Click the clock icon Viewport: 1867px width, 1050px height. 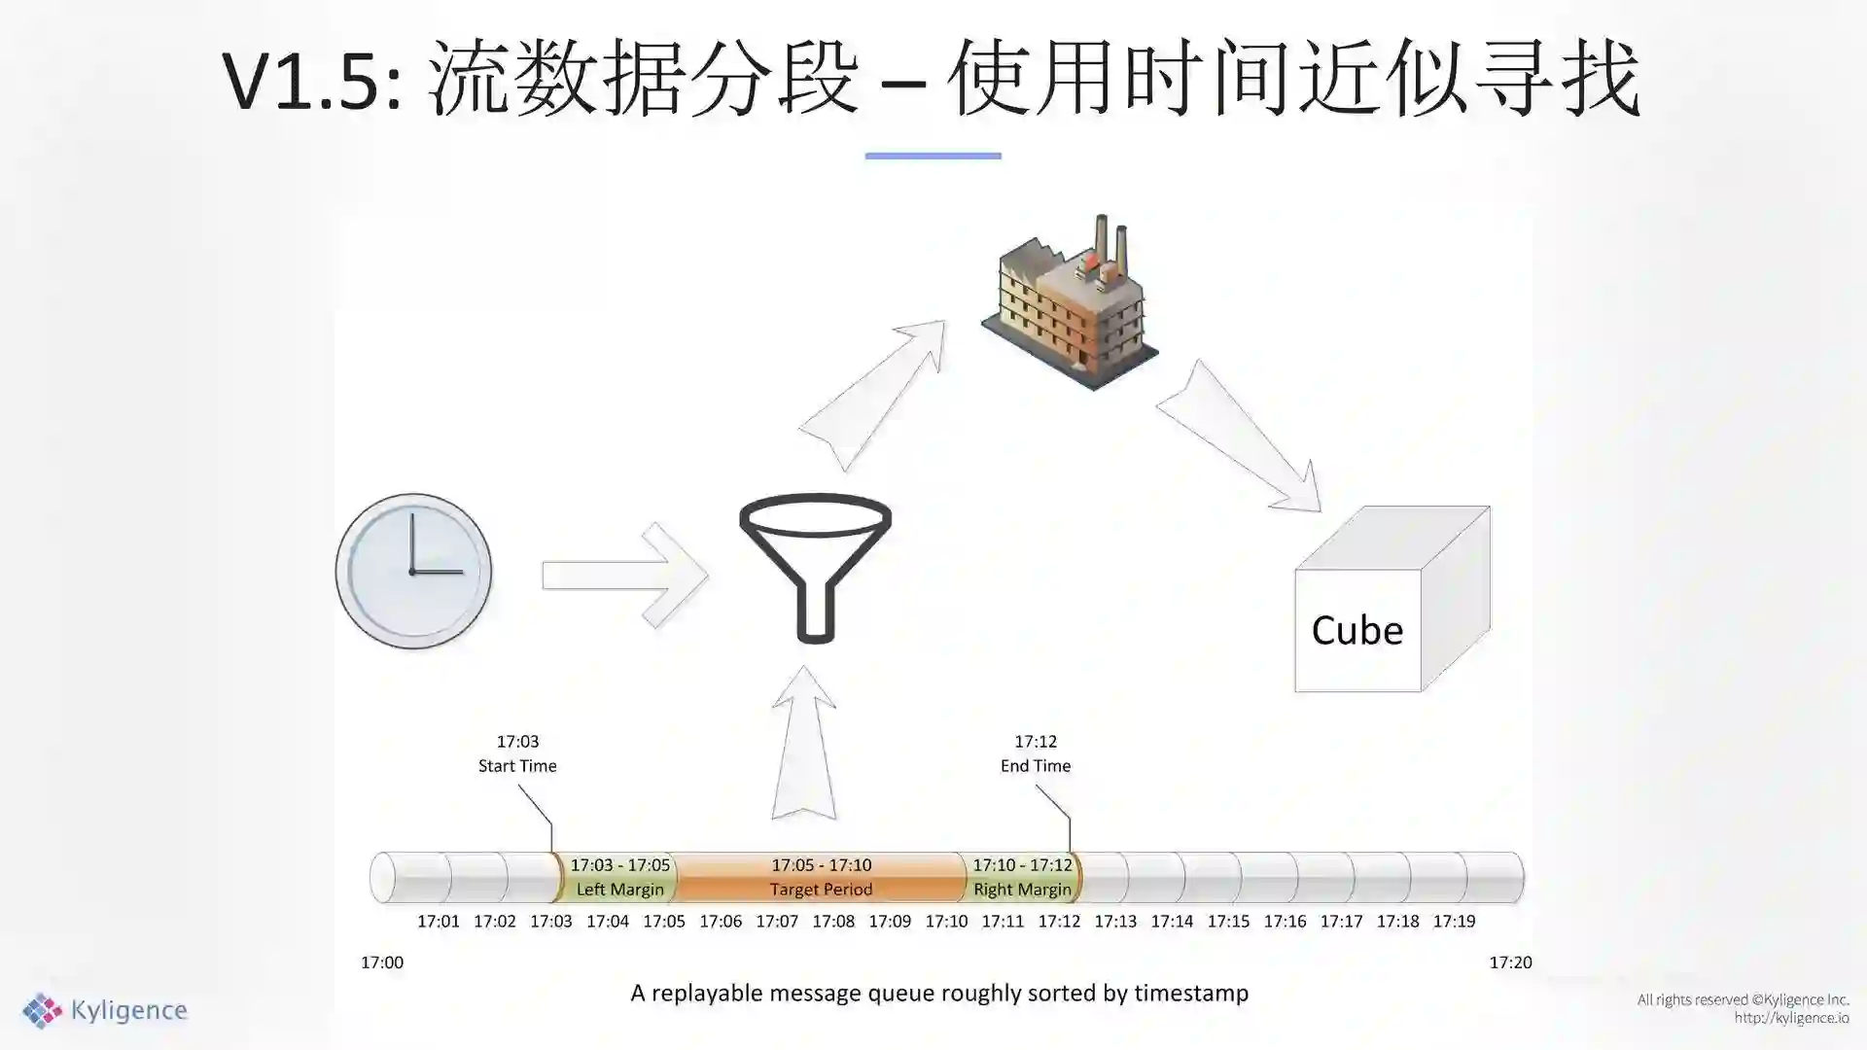pos(413,571)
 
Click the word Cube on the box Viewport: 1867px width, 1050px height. pos(1356,631)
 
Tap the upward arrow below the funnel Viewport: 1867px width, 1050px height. pos(804,744)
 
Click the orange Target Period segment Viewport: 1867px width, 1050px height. pos(821,877)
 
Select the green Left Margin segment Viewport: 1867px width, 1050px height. pos(619,877)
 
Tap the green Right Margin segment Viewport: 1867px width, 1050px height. pos(1022,877)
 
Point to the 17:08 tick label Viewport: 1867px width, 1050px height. pos(833,922)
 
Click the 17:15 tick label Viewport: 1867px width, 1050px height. pos(1228,922)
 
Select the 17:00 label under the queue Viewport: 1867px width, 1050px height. pos(382,962)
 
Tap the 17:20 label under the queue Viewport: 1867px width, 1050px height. pos(1510,962)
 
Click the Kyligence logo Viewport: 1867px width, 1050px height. pos(105,1011)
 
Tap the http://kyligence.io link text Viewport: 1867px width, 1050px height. pos(1791,1018)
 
